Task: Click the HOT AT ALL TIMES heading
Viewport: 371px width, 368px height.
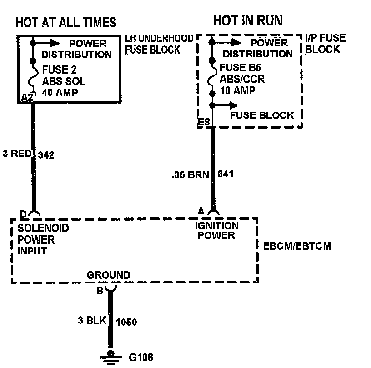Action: [x=66, y=22]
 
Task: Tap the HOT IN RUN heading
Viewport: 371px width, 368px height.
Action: [x=248, y=20]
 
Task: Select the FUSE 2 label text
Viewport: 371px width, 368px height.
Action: [x=59, y=70]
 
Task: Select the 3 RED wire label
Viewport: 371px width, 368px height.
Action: [x=16, y=154]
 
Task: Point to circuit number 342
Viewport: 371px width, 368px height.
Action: [x=46, y=155]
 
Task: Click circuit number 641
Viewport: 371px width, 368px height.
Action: [x=226, y=173]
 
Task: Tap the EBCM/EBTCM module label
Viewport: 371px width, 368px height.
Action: [x=297, y=246]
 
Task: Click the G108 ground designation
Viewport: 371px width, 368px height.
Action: [x=140, y=357]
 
